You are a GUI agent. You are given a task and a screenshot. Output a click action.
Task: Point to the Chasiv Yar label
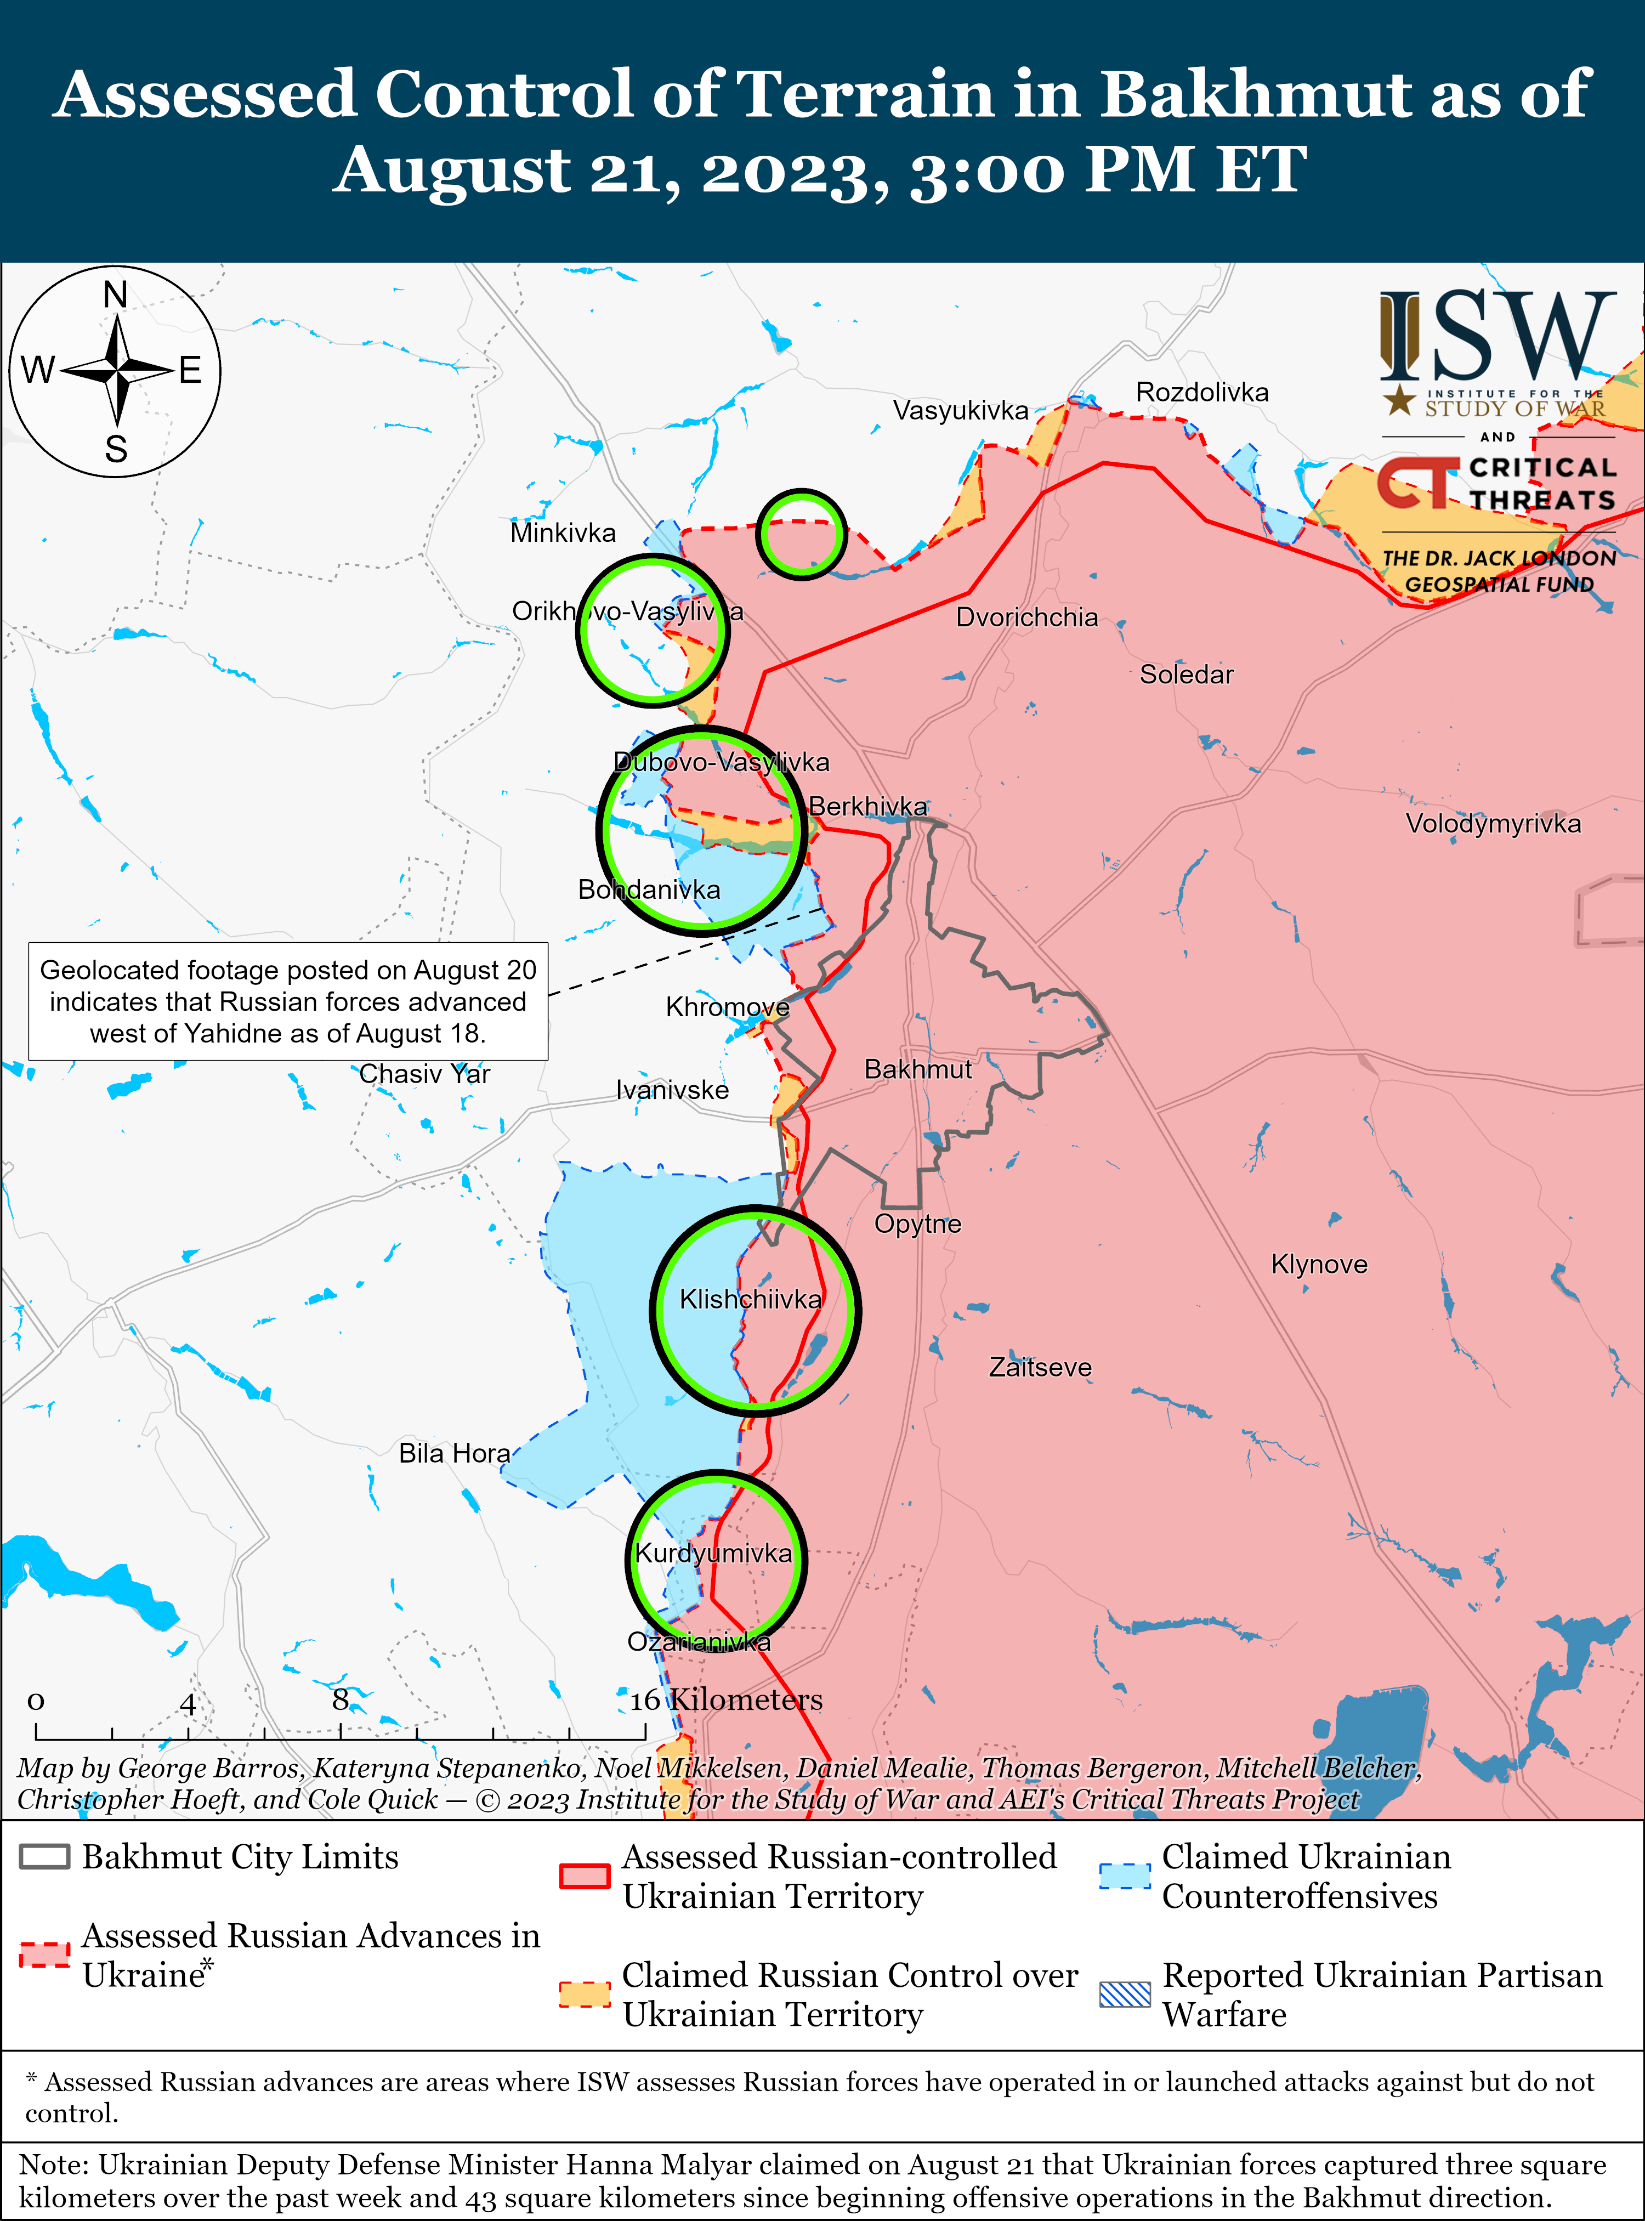[424, 1074]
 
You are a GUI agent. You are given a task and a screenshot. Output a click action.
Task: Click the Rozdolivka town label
[1202, 393]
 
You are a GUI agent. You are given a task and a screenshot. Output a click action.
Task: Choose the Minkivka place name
[563, 533]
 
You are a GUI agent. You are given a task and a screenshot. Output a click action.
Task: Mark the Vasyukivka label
[960, 410]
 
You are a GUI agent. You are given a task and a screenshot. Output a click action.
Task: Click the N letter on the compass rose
[116, 295]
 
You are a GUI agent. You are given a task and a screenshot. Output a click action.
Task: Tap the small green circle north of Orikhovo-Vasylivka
[802, 534]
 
